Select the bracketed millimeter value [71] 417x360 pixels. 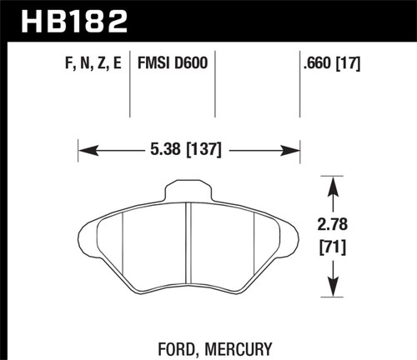(334, 247)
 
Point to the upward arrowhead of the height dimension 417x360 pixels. (334, 181)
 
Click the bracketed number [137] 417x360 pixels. (205, 152)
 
